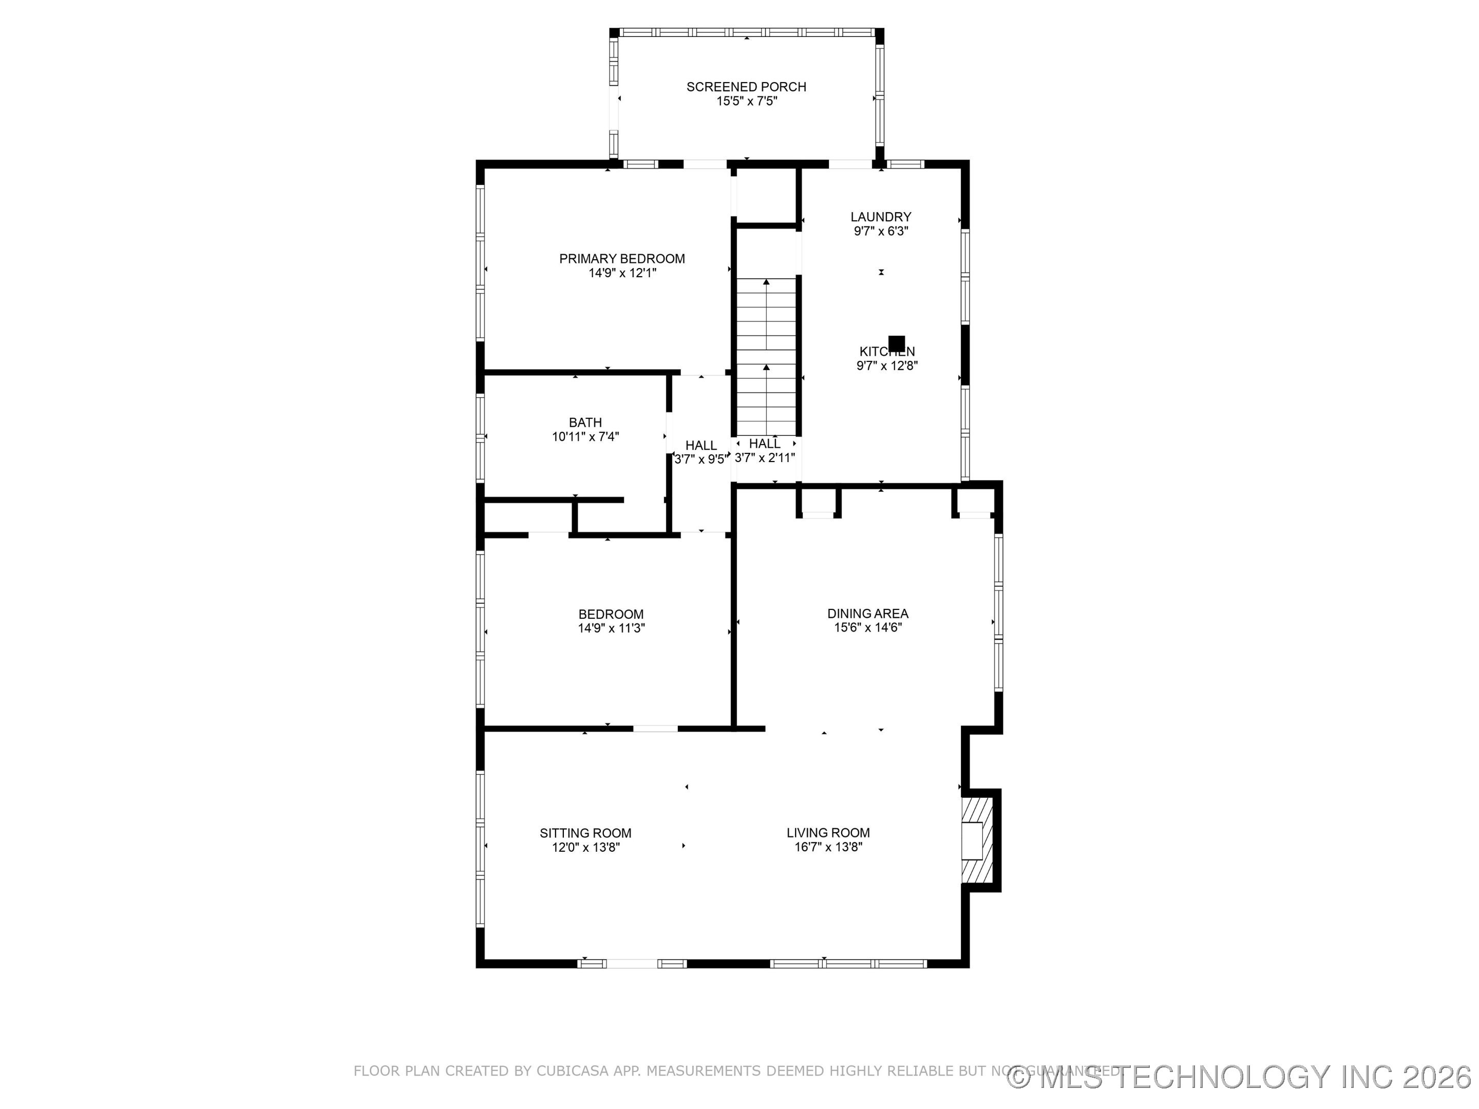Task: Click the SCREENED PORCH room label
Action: click(746, 87)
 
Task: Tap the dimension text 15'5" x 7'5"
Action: click(746, 102)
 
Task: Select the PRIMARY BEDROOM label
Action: click(622, 259)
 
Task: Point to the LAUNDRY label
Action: click(881, 217)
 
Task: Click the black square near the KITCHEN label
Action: click(897, 343)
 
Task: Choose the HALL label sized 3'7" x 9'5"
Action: click(700, 445)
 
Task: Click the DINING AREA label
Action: click(868, 614)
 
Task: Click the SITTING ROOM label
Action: click(586, 833)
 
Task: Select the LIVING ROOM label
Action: click(828, 833)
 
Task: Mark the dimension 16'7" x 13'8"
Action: click(828, 848)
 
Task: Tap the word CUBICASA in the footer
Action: click(573, 1071)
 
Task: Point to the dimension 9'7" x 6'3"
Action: click(881, 231)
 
